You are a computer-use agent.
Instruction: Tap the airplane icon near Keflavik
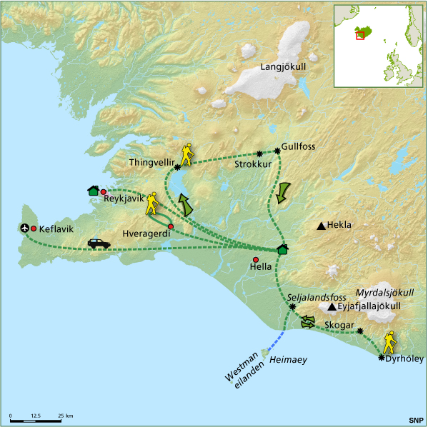click(x=26, y=228)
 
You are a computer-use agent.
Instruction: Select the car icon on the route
click(x=99, y=243)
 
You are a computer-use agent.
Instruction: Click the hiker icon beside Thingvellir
click(x=187, y=154)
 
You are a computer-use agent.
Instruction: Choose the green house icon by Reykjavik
click(x=93, y=190)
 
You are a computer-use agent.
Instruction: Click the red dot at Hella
click(x=256, y=259)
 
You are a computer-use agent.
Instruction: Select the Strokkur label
click(x=250, y=164)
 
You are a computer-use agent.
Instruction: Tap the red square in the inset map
click(x=360, y=34)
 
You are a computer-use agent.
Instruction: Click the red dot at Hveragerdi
click(x=170, y=226)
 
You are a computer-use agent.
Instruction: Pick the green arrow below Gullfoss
click(x=283, y=191)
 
